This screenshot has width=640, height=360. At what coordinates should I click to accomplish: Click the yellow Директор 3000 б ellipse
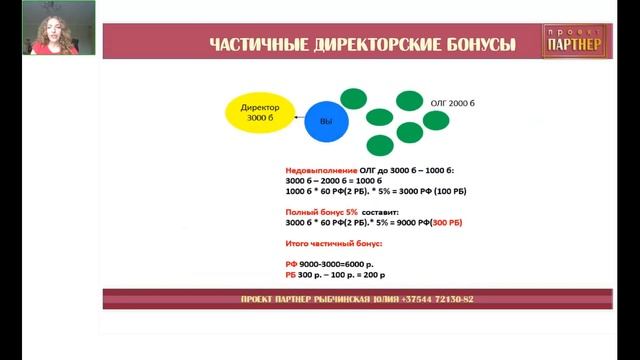pyautogui.click(x=261, y=113)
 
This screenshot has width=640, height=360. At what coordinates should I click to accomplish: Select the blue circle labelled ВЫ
pyautogui.click(x=325, y=120)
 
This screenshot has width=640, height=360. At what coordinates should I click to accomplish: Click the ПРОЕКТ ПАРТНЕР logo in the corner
pyautogui.click(x=579, y=41)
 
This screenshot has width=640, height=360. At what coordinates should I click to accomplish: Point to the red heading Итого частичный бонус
pyautogui.click(x=327, y=244)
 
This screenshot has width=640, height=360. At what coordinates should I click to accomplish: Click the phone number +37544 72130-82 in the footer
pyautogui.click(x=435, y=299)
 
